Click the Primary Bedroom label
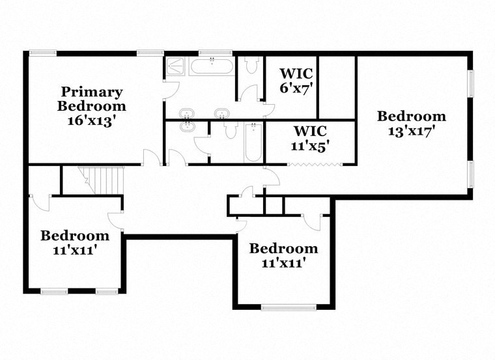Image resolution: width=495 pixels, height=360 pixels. (x=91, y=98)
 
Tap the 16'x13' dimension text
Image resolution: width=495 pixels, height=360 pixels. (x=91, y=120)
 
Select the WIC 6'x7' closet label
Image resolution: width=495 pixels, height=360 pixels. (x=297, y=81)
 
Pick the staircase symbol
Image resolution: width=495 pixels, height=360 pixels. (x=102, y=179)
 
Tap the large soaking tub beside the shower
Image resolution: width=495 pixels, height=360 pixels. (x=211, y=66)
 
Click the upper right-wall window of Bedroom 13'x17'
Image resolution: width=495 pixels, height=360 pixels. (x=471, y=83)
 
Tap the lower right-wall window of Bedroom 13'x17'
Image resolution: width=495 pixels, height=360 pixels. (x=471, y=174)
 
